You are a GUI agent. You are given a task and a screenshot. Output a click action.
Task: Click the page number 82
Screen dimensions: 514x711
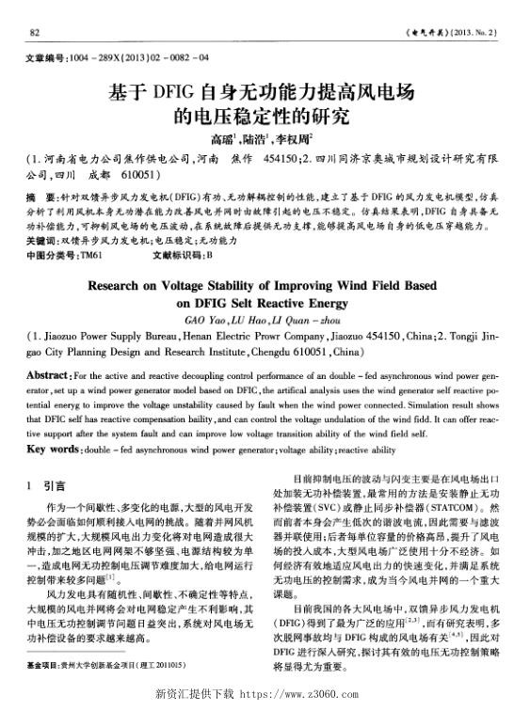point(34,33)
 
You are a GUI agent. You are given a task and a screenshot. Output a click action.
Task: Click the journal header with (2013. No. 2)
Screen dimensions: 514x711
point(443,33)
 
